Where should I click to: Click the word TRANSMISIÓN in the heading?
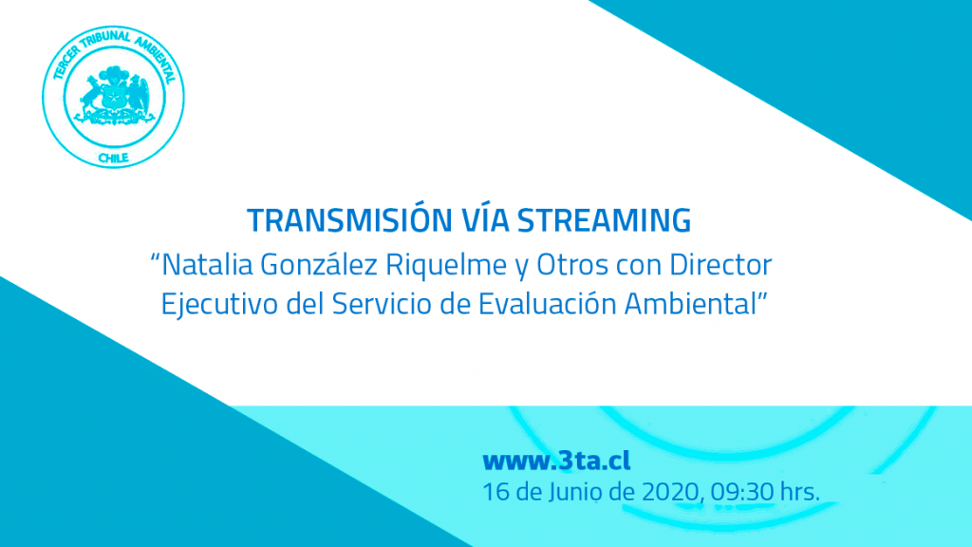(x=350, y=219)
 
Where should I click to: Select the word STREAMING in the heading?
(x=605, y=220)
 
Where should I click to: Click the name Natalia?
(x=207, y=265)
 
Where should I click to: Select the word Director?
(x=720, y=266)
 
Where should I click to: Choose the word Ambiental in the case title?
(x=691, y=304)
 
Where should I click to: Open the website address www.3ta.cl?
(x=556, y=461)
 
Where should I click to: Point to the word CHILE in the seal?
(x=114, y=159)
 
